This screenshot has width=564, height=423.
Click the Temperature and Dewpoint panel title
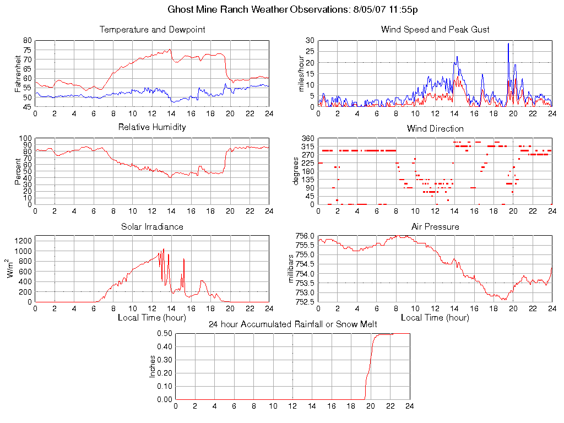click(x=153, y=30)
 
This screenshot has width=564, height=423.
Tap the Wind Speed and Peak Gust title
click(x=435, y=30)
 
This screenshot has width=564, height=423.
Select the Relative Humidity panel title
click(x=153, y=127)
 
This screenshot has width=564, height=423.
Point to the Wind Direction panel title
click(x=435, y=128)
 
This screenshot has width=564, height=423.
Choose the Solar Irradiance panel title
click(x=153, y=226)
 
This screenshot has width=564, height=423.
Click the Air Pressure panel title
click(x=435, y=226)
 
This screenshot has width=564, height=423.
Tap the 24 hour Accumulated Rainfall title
click(x=292, y=324)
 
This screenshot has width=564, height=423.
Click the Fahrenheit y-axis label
click(x=19, y=74)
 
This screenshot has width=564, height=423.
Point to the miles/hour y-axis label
click(x=301, y=74)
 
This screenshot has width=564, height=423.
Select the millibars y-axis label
click(x=292, y=269)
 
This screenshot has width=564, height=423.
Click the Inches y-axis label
click(x=153, y=366)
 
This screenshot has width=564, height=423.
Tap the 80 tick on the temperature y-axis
click(x=27, y=41)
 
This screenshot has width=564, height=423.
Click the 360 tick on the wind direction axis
click(x=307, y=138)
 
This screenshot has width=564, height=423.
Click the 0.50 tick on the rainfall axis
click(x=165, y=333)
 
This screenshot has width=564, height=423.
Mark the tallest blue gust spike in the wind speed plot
click(x=508, y=44)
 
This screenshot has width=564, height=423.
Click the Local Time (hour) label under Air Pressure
click(x=435, y=317)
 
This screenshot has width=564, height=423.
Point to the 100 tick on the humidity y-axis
click(x=26, y=138)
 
